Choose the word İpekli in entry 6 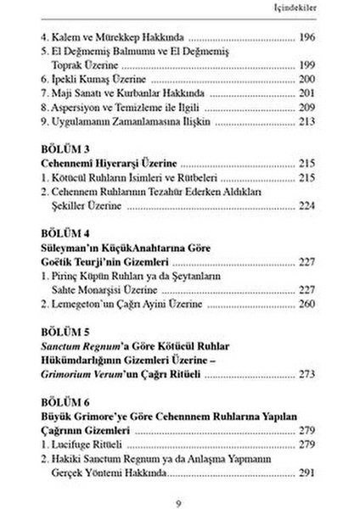tap(67, 78)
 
